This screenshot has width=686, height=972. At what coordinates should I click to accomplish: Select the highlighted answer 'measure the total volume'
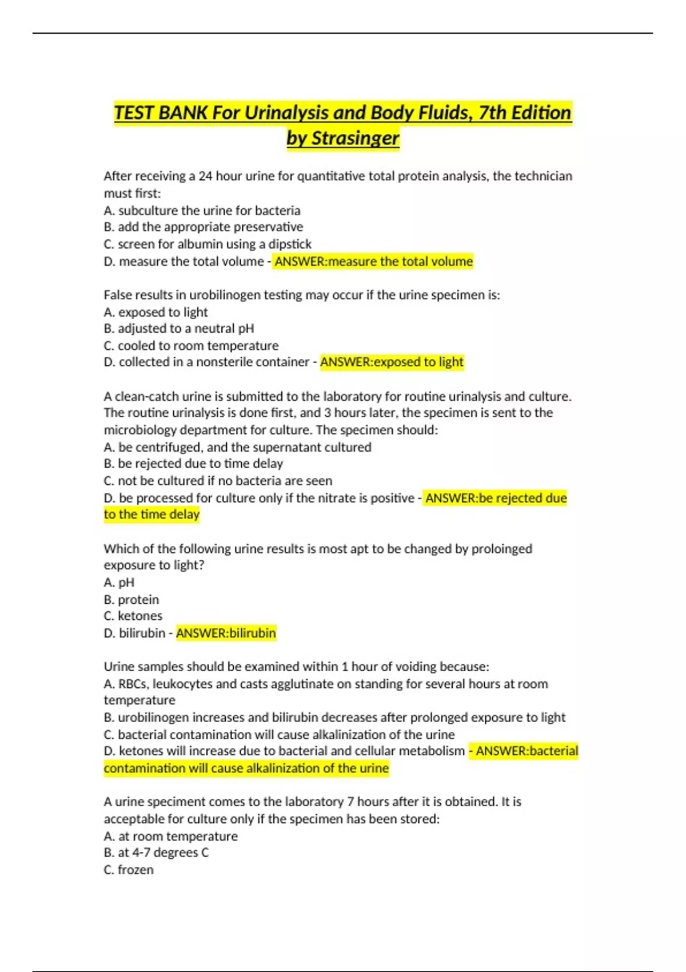click(373, 261)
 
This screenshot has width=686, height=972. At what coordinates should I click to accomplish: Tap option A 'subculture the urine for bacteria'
click(202, 210)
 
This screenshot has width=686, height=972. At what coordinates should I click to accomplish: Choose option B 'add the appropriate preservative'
click(204, 227)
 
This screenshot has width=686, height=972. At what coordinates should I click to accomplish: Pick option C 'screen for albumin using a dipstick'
click(208, 244)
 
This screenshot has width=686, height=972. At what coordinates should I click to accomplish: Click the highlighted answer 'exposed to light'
click(392, 362)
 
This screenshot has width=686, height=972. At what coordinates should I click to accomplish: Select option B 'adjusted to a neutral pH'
click(179, 328)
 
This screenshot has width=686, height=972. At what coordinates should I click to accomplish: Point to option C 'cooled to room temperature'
click(191, 345)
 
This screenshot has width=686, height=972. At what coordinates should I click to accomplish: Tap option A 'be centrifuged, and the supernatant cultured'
click(237, 447)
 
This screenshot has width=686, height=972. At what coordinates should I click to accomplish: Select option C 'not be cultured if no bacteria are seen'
click(218, 481)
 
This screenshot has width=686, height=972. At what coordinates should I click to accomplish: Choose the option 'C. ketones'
click(133, 616)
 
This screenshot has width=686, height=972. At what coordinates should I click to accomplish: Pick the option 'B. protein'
click(131, 599)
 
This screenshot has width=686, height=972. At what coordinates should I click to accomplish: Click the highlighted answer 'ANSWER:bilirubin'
click(226, 633)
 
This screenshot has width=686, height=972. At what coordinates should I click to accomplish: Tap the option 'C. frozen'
click(129, 870)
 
